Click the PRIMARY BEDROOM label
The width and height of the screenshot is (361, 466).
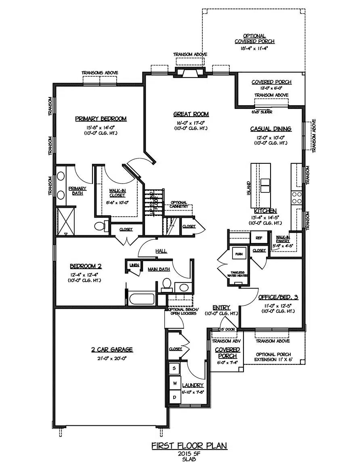(x=101, y=119)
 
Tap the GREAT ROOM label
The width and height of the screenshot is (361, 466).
(x=191, y=114)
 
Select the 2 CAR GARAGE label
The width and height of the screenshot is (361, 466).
(x=112, y=350)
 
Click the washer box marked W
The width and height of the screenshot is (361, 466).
(x=175, y=382)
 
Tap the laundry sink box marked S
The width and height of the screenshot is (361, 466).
(x=175, y=368)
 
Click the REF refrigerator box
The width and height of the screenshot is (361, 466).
(x=258, y=238)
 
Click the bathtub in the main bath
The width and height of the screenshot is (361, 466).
(x=142, y=299)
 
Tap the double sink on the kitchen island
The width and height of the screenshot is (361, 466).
(x=265, y=185)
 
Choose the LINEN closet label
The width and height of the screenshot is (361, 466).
(x=133, y=265)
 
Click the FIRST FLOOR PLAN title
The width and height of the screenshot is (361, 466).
(x=189, y=445)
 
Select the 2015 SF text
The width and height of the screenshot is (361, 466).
(x=189, y=454)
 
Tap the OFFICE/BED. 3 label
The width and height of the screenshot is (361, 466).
(x=278, y=297)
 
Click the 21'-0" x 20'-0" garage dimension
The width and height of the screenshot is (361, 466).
(x=112, y=358)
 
